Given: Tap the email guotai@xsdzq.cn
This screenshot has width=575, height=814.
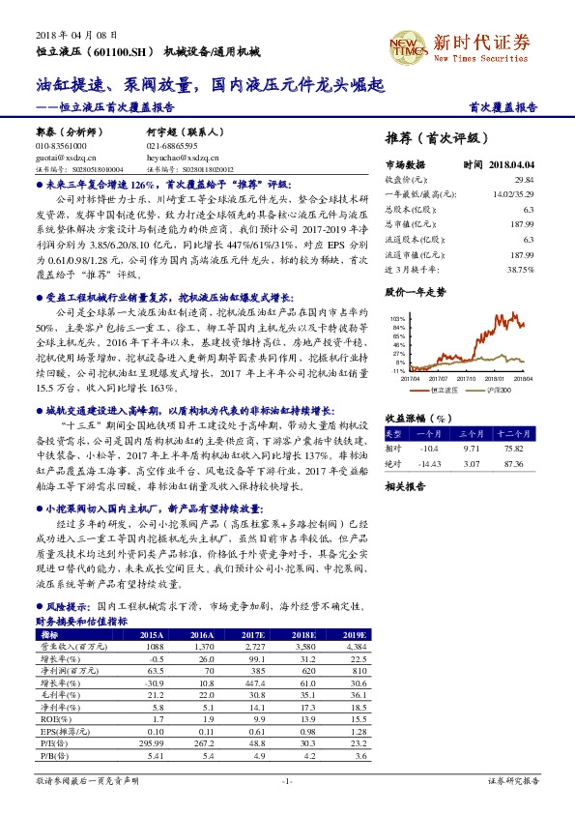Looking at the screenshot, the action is point(59,156).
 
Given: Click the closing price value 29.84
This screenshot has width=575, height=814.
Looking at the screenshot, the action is point(524,180).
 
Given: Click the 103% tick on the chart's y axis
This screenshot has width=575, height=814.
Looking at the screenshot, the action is point(396,318).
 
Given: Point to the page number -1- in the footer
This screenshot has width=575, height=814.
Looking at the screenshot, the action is point(287,779).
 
